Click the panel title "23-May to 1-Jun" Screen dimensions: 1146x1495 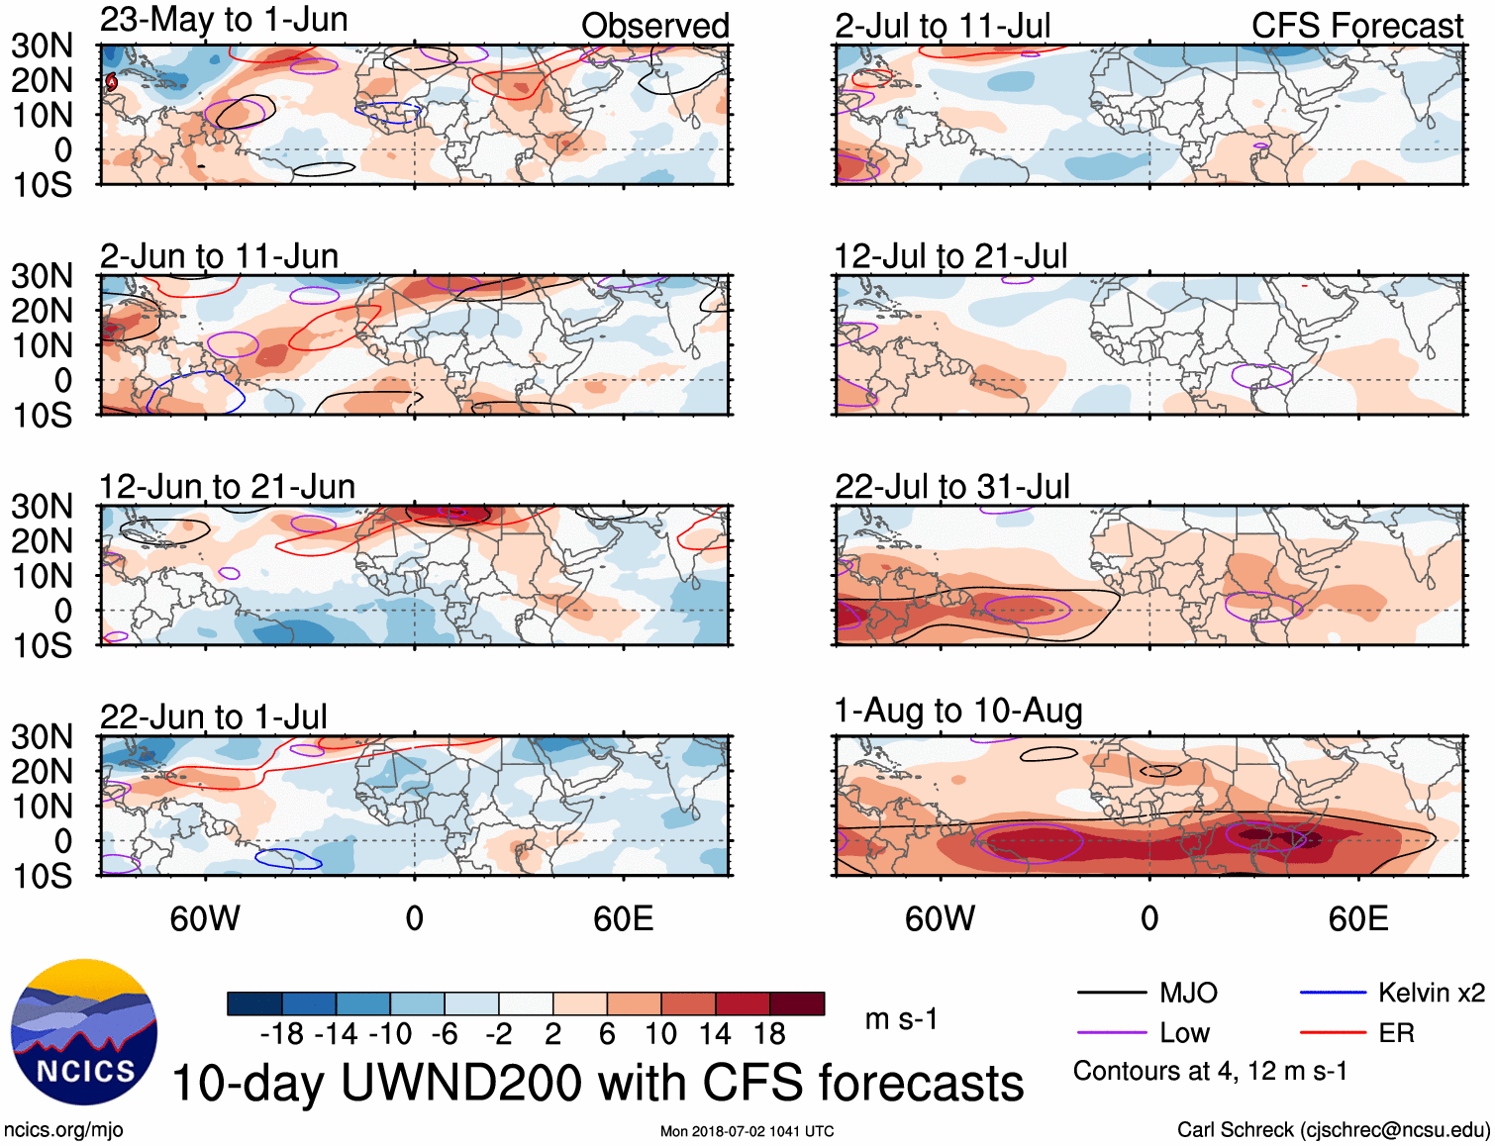tap(224, 20)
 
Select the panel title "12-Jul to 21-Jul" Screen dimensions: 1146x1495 tap(950, 256)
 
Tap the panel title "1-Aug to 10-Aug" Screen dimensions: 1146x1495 tap(958, 711)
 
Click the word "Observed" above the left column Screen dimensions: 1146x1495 tap(654, 26)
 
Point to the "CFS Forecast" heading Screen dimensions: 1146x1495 tap(1356, 26)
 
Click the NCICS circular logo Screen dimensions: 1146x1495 tap(84, 1032)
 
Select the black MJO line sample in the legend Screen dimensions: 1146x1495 tap(1111, 993)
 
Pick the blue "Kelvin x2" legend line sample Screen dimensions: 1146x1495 tap(1333, 993)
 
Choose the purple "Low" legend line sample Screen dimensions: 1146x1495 tap(1111, 1033)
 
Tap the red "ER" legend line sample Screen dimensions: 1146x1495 tap(1333, 1033)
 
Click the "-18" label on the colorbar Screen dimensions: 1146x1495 tap(282, 1034)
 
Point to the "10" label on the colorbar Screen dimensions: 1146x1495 tap(660, 1034)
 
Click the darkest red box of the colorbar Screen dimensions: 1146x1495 tap(797, 1003)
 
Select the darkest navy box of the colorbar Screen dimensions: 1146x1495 tap(254, 1003)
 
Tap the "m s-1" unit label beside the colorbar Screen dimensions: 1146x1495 tap(901, 1019)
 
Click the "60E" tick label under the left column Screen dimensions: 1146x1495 tap(623, 918)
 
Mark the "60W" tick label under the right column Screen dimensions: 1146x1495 tap(940, 918)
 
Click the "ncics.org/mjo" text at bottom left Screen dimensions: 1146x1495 tap(63, 1130)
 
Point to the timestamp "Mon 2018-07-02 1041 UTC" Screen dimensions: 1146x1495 tap(747, 1131)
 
